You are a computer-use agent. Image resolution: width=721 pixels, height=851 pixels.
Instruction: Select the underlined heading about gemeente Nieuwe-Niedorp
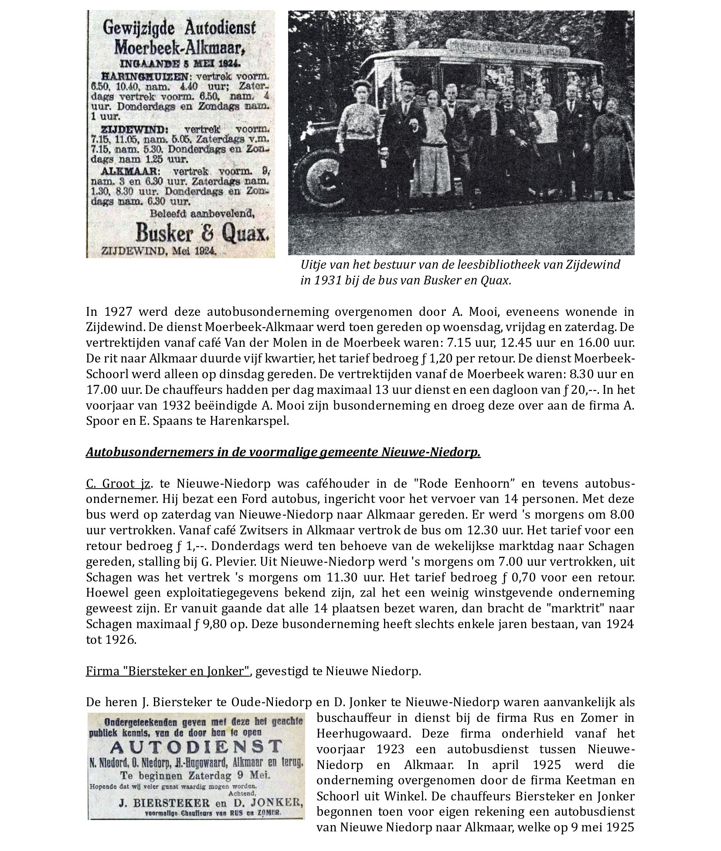coord(283,452)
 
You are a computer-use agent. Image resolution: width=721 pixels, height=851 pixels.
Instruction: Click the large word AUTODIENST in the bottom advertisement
coord(196,747)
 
